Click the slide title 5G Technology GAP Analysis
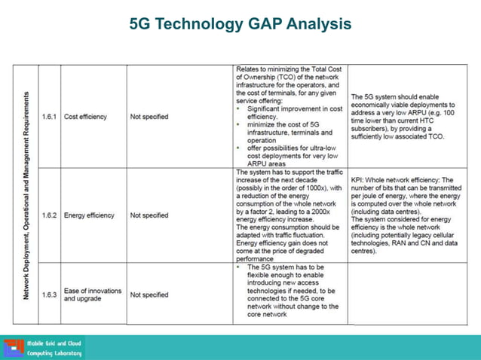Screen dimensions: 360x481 pyautogui.click(x=240, y=25)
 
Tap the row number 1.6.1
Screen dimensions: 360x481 pyautogui.click(x=49, y=117)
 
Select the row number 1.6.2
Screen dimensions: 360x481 pyautogui.click(x=49, y=215)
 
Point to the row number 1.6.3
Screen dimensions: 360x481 pyautogui.click(x=49, y=294)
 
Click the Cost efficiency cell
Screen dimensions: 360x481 pyautogui.click(x=85, y=117)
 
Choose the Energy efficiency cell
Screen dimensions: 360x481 pyautogui.click(x=89, y=215)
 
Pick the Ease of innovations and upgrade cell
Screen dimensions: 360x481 pyautogui.click(x=92, y=294)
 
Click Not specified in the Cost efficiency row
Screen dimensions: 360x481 pyautogui.click(x=149, y=117)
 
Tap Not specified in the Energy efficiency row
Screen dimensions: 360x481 pyautogui.click(x=149, y=215)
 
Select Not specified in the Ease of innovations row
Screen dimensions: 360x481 pyautogui.click(x=149, y=294)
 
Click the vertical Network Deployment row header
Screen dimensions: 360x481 pyautogui.click(x=26, y=196)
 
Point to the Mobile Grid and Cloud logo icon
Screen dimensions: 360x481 pyautogui.click(x=14, y=348)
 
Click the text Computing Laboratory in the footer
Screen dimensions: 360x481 pyautogui.click(x=54, y=353)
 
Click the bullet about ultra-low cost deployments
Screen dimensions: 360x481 pyautogui.click(x=293, y=155)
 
